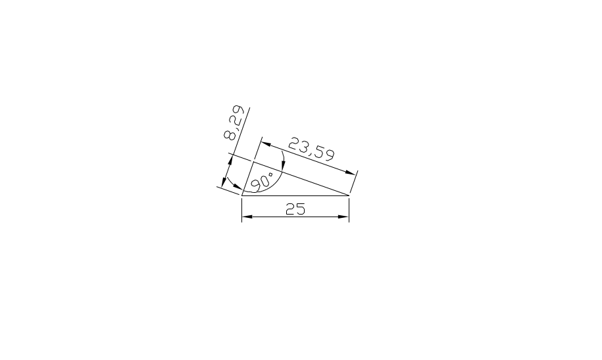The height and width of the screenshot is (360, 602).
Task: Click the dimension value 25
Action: point(295,209)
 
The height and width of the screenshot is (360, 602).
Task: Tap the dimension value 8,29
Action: point(235,124)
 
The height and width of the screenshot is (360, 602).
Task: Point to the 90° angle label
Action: point(262,181)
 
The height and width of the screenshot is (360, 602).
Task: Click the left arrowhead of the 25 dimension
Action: point(247,217)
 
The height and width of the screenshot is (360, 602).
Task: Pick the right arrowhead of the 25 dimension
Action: point(344,217)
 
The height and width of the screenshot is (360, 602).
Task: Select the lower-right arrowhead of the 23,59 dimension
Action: point(351,172)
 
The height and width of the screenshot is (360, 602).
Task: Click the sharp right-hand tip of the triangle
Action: point(349,195)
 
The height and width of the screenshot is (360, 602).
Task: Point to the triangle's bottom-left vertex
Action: point(243,195)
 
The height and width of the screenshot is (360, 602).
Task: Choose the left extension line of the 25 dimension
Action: point(243,209)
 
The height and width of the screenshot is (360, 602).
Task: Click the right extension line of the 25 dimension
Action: point(349,209)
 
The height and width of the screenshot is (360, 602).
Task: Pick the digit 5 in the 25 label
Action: point(301,209)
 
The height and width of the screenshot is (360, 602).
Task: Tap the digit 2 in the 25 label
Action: point(290,209)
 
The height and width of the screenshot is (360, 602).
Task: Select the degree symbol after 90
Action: point(270,174)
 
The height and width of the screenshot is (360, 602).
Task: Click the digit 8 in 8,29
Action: point(230,135)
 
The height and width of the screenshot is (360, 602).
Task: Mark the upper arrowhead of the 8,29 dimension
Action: point(231,160)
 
